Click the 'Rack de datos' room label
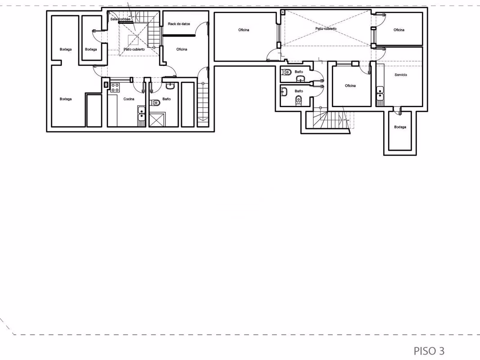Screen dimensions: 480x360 [179, 24]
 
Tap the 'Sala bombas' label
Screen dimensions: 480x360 [120, 19]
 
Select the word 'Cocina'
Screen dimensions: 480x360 [129, 99]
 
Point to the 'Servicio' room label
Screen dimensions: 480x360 [401, 75]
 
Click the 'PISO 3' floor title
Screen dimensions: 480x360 [429, 351]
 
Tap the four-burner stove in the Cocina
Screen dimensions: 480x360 [115, 87]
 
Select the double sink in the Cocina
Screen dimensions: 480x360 [141, 113]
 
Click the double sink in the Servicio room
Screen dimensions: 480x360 [380, 94]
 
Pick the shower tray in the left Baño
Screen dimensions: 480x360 [157, 120]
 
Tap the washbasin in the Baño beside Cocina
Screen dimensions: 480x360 [170, 86]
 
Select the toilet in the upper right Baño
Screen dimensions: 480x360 [286, 72]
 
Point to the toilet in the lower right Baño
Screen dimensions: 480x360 [299, 100]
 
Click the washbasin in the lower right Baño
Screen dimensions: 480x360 [284, 91]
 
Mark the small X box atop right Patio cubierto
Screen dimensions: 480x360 [283, 12]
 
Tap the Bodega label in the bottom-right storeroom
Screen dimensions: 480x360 [400, 127]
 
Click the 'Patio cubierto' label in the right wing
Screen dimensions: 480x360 [326, 29]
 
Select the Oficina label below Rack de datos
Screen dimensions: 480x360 [181, 49]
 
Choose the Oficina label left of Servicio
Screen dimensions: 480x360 [350, 86]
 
